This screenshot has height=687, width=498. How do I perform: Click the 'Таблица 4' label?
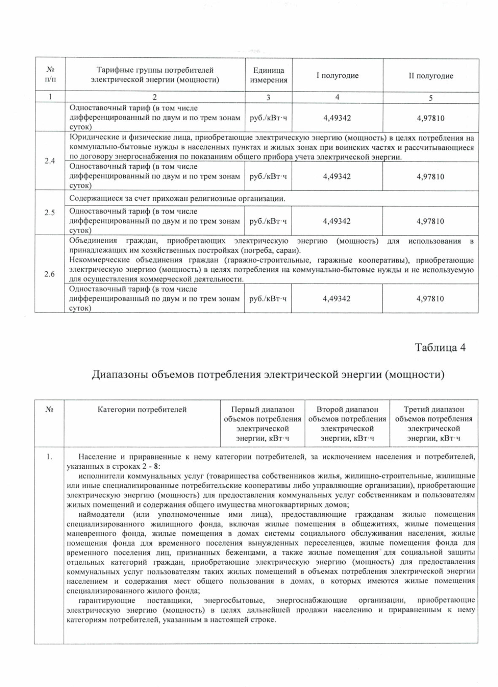click(440, 347)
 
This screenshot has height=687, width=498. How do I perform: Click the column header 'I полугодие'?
click(337, 76)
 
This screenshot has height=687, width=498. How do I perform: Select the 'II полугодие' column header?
click(431, 76)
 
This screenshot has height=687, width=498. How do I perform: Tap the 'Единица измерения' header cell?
click(268, 76)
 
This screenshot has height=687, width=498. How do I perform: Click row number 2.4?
click(50, 161)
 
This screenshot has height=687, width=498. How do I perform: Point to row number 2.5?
click(50, 212)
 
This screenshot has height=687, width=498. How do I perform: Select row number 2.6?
click(50, 274)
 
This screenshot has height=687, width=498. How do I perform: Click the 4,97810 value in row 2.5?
click(430, 221)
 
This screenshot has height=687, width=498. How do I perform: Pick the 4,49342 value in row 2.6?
click(337, 299)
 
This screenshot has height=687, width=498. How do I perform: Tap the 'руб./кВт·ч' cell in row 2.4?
click(268, 176)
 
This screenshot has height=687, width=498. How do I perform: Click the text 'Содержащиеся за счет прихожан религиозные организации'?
click(177, 199)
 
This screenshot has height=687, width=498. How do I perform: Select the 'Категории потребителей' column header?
click(142, 410)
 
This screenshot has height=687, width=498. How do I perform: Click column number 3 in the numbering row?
click(268, 97)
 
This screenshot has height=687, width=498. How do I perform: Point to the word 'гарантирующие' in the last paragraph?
click(107, 600)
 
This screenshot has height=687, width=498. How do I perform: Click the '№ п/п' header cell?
click(50, 75)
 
